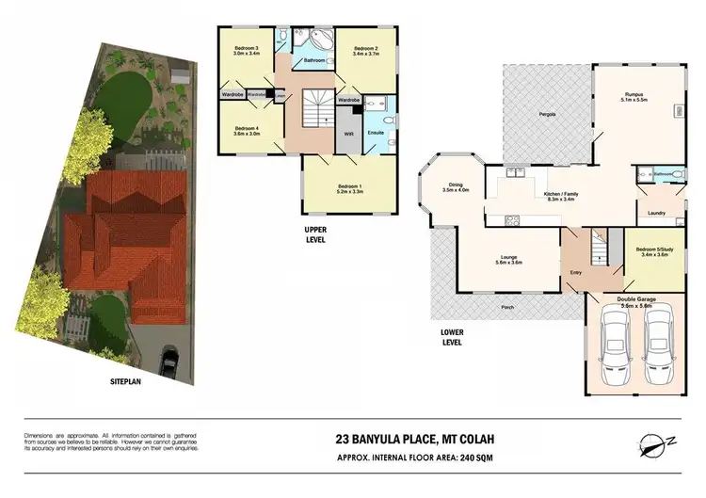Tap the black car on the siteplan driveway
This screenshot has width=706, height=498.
tap(170, 359)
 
